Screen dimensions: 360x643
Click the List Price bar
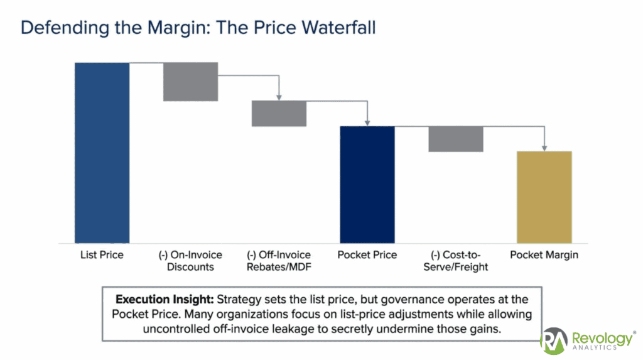pyautogui.click(x=102, y=153)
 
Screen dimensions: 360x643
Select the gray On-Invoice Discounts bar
pyautogui.click(x=190, y=82)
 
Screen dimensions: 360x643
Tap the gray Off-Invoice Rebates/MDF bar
pyautogui.click(x=279, y=114)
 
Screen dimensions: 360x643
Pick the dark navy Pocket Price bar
pyautogui.click(x=367, y=185)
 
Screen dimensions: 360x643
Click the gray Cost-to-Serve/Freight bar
pyautogui.click(x=456, y=139)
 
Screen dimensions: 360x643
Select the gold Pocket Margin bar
pyautogui.click(x=544, y=197)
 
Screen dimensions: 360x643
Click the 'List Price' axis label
pyautogui.click(x=102, y=255)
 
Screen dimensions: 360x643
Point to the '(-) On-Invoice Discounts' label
pyautogui.click(x=190, y=261)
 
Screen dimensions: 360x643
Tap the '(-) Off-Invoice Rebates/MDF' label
pyautogui.click(x=279, y=261)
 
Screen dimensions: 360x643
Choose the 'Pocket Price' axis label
pyautogui.click(x=367, y=255)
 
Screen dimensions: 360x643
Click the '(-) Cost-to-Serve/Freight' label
pyautogui.click(x=456, y=261)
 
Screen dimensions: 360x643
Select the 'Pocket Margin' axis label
pyautogui.click(x=544, y=255)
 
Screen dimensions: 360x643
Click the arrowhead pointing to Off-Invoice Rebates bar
pyautogui.click(x=279, y=97)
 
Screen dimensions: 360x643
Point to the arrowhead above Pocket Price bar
pyautogui.click(x=367, y=123)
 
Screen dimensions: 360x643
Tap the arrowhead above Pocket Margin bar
pyautogui.click(x=544, y=148)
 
